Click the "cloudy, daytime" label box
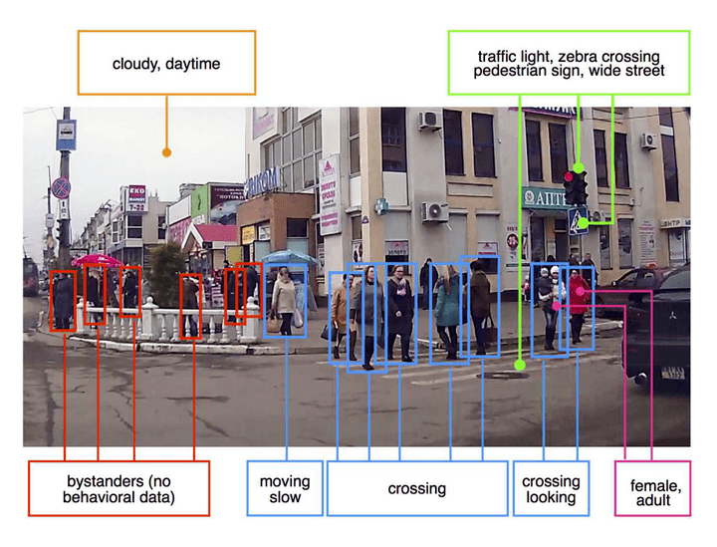pyautogui.click(x=166, y=64)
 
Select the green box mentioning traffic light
pyautogui.click(x=568, y=63)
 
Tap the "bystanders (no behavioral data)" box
pyautogui.click(x=119, y=487)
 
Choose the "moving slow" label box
pyautogui.click(x=286, y=488)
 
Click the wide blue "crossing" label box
pyautogui.click(x=416, y=488)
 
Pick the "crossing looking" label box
pyautogui.click(x=551, y=488)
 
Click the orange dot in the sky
pyautogui.click(x=167, y=152)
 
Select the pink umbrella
pyautogui.click(x=97, y=260)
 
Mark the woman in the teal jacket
pyautogui.click(x=447, y=304)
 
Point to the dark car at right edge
pyautogui.click(x=659, y=329)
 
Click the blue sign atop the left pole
pyautogui.click(x=66, y=135)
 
